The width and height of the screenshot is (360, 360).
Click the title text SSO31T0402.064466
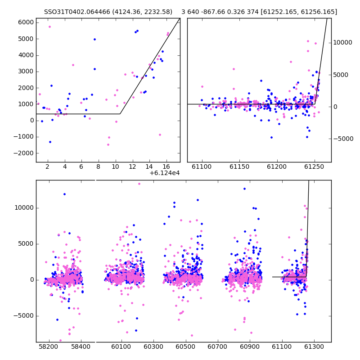click(77, 12)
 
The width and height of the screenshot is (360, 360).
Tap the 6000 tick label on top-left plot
click(26, 22)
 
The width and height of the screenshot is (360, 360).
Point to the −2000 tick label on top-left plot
click(24, 153)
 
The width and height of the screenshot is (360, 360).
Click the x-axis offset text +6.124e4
click(165, 173)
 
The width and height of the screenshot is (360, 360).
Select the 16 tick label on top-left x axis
click(166, 166)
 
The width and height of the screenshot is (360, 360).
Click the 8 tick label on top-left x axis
click(98, 166)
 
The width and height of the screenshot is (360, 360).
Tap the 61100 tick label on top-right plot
click(202, 166)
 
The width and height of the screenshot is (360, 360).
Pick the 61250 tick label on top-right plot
click(314, 166)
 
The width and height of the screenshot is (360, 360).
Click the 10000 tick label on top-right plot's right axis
click(342, 42)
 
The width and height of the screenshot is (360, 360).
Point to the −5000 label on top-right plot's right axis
click(343, 139)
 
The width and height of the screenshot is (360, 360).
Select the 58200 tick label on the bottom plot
click(48, 346)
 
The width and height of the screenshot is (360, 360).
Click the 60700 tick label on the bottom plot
click(217, 346)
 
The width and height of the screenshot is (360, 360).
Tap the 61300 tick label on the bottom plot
click(314, 346)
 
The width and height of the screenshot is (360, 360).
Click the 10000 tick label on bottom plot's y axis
click(24, 208)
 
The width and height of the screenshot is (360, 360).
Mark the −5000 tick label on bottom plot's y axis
click(24, 316)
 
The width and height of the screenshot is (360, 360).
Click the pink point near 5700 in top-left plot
click(49, 27)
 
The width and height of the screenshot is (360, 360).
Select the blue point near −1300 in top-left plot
click(50, 142)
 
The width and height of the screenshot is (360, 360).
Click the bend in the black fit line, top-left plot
click(120, 114)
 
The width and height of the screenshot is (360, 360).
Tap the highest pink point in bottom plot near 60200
click(139, 184)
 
